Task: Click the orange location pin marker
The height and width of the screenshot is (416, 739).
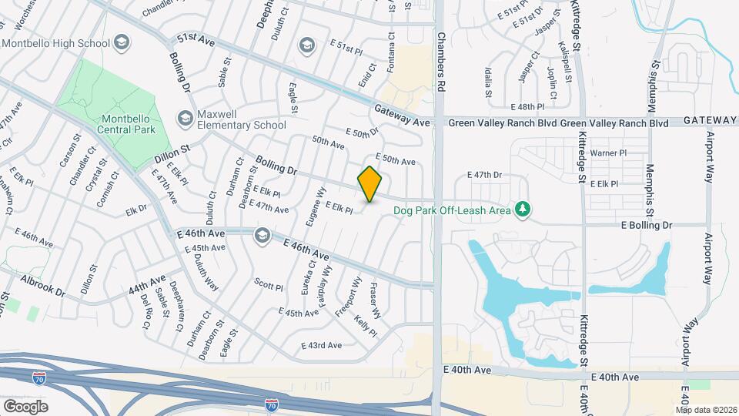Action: pyautogui.click(x=370, y=184)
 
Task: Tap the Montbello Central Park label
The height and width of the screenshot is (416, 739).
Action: pyautogui.click(x=127, y=123)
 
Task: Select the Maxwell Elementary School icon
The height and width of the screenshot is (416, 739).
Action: pyautogui.click(x=185, y=119)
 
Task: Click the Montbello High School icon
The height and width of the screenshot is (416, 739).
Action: pyautogui.click(x=121, y=44)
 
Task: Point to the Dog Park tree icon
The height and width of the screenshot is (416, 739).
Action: pyautogui.click(x=523, y=209)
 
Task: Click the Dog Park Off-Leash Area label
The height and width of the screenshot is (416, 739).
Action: pyautogui.click(x=452, y=210)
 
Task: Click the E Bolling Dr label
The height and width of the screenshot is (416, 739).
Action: pyautogui.click(x=646, y=225)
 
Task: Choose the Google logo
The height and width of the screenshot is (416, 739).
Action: pyautogui.click(x=25, y=406)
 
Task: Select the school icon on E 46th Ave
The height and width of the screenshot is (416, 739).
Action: pyautogui.click(x=262, y=234)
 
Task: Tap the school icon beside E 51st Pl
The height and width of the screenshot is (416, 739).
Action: pyautogui.click(x=307, y=45)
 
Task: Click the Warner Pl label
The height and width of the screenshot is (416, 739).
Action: pyautogui.click(x=608, y=153)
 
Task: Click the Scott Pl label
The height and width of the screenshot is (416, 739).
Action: pyautogui.click(x=269, y=285)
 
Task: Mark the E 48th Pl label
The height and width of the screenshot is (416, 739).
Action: pyautogui.click(x=527, y=106)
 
